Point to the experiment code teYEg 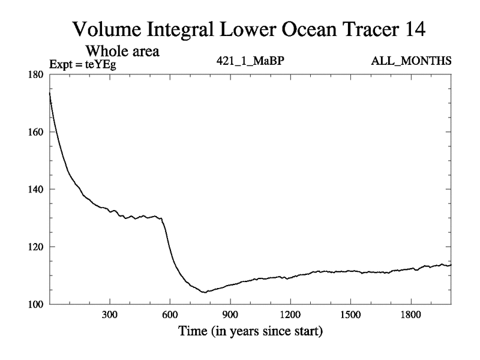(99, 62)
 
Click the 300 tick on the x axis (110, 314)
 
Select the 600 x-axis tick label (170, 314)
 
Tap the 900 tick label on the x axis (230, 314)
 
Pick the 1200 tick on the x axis (290, 314)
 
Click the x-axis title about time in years (250, 331)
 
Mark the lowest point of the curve (205, 292)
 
